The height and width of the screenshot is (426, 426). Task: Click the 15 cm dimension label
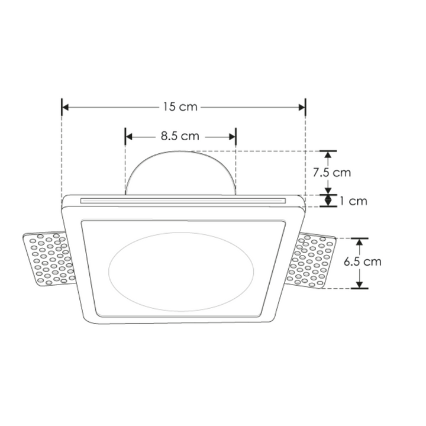[x=180, y=107]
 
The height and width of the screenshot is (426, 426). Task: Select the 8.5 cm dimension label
[x=179, y=136]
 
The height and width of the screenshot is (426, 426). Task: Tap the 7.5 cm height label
[x=331, y=173]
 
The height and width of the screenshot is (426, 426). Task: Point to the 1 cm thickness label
[x=353, y=201]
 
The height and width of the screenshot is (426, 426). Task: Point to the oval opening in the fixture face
[x=181, y=269]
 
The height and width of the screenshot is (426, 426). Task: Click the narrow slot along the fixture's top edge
[x=183, y=201]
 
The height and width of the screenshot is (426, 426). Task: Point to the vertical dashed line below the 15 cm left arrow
[x=62, y=154]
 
